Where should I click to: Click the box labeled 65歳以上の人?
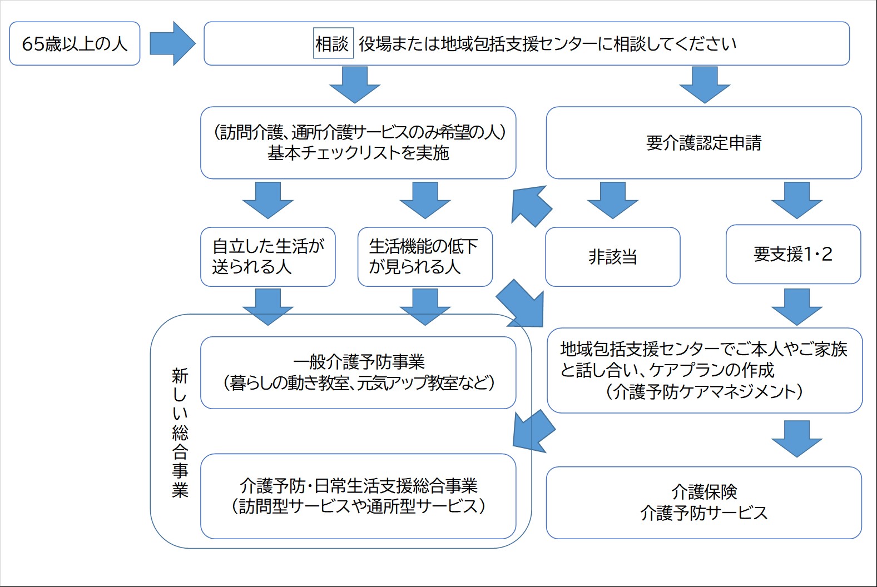pos(75,44)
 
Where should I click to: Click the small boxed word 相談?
pos(333,43)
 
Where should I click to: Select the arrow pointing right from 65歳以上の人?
pos(172,43)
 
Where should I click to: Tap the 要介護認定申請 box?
pos(703,143)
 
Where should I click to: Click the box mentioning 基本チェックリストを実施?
pos(358,143)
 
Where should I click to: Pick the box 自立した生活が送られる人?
pos(267,257)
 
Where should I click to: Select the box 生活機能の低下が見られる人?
pos(425,257)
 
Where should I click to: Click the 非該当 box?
pos(612,257)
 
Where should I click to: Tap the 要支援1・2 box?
pos(793,255)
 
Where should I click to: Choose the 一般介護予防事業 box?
pos(358,372)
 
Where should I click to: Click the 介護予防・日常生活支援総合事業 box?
pos(358,496)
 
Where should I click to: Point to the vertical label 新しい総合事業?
pos(180,433)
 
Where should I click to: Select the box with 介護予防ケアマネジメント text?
pos(704,370)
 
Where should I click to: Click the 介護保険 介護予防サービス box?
pos(703,503)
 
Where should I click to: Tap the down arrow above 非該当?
pos(612,201)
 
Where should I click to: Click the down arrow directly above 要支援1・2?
pos(796,201)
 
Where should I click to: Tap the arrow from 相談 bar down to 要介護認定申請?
pos(705,85)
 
